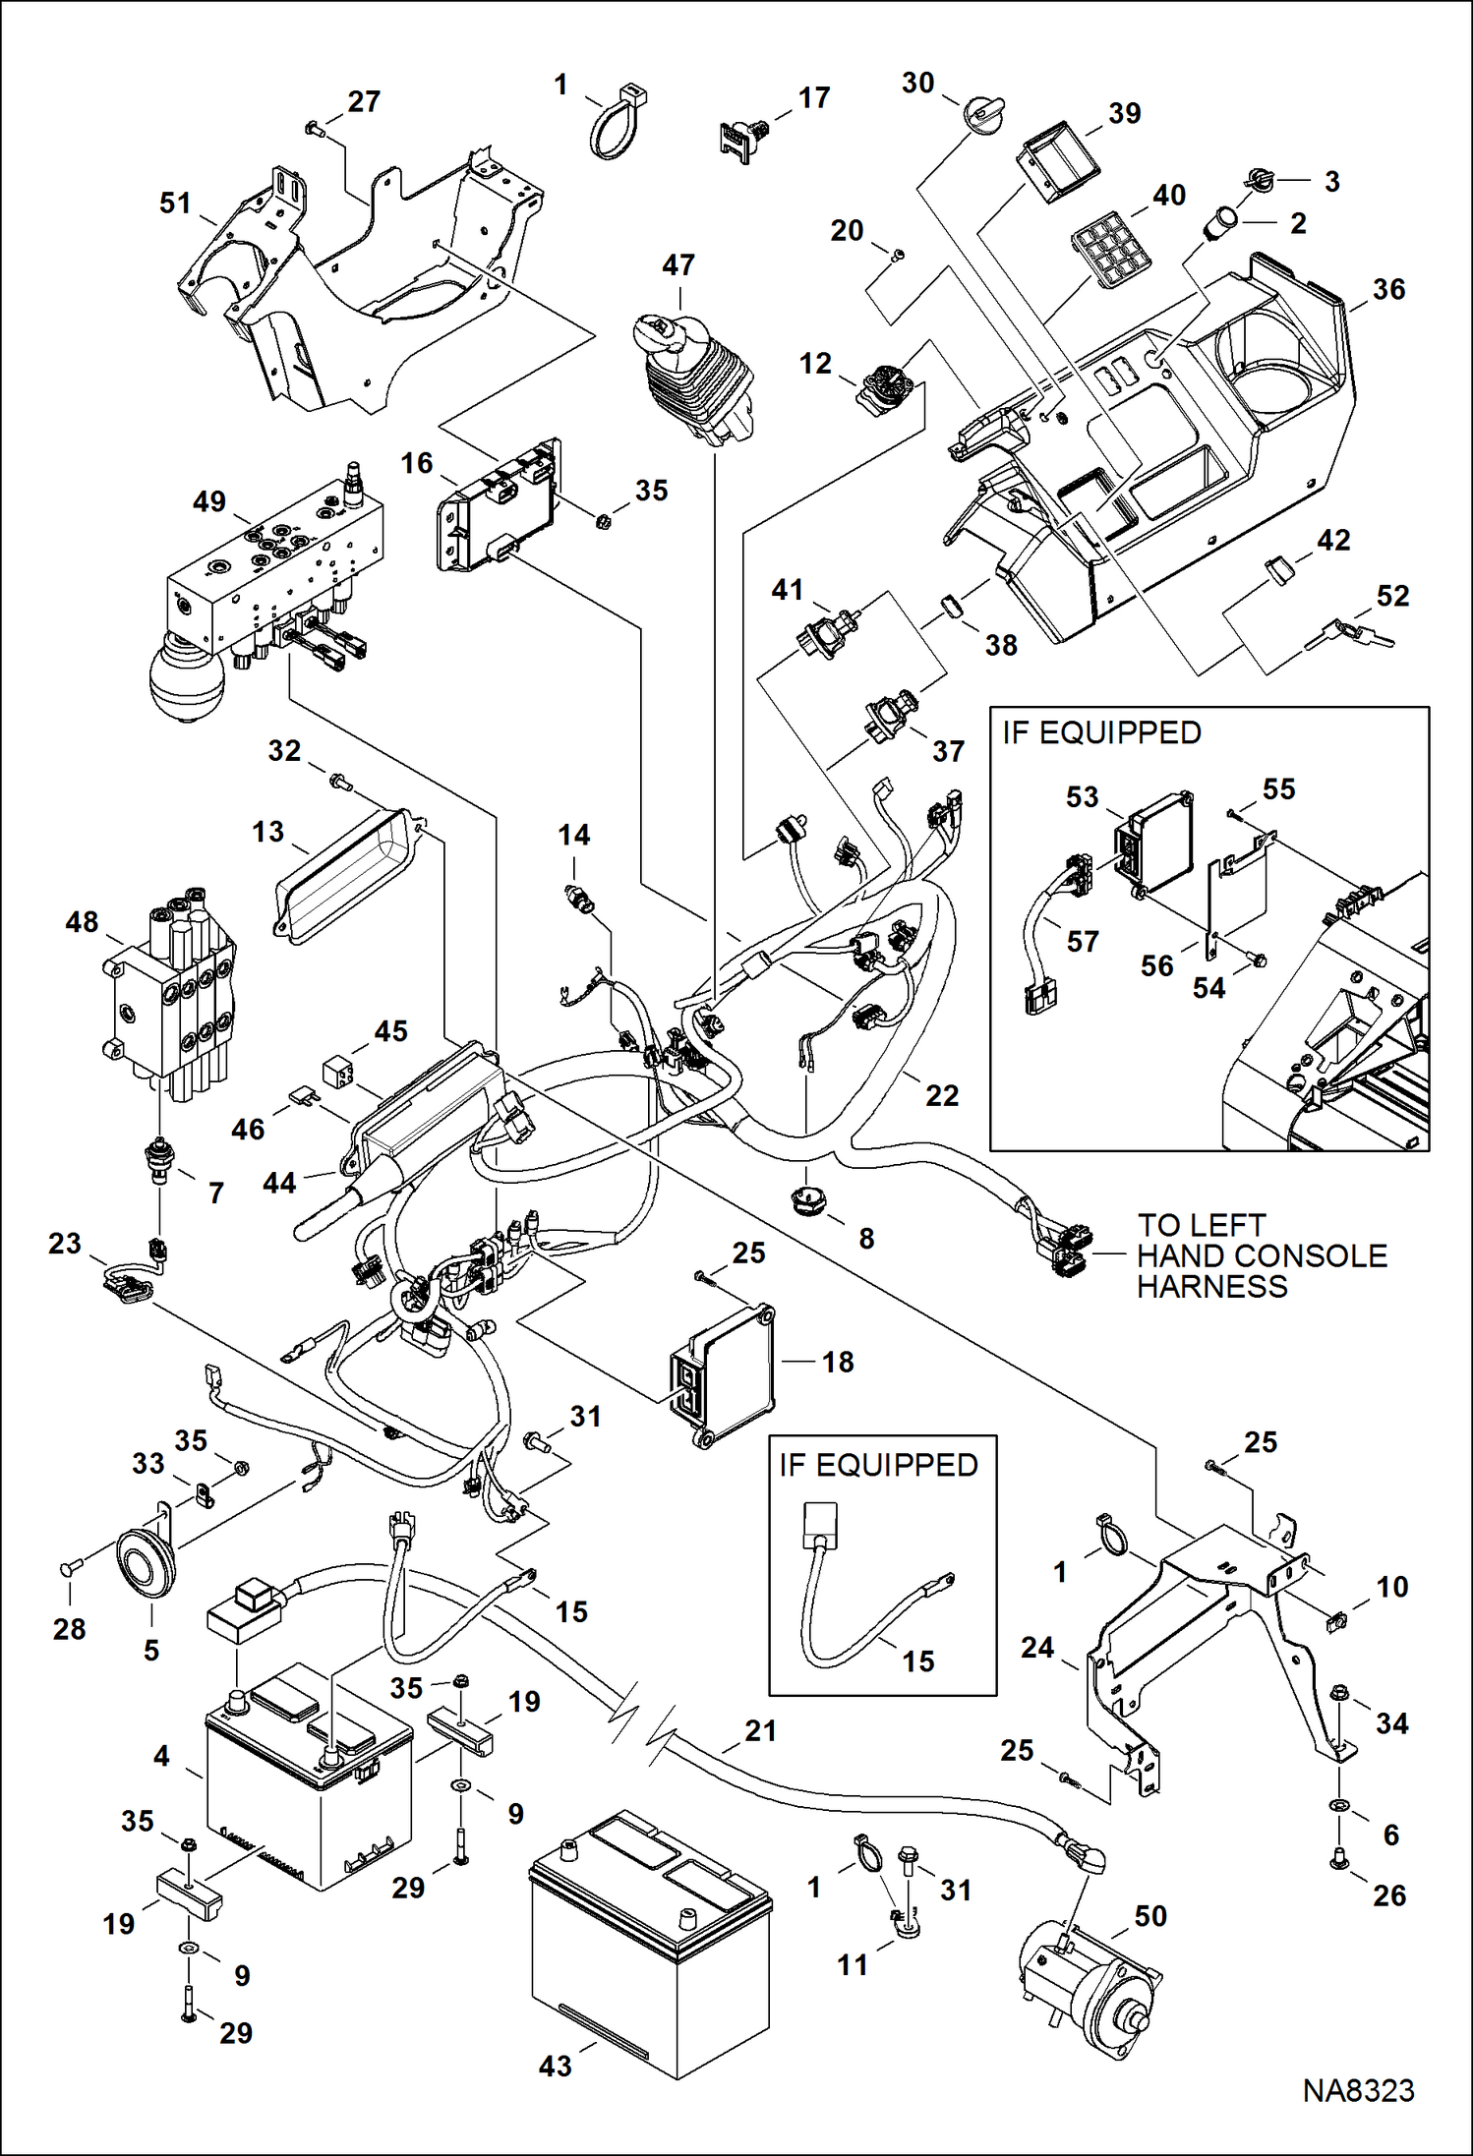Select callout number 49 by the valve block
tap(208, 501)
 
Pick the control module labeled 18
tap(723, 1374)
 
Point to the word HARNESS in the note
tap(1211, 1287)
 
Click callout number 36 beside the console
tap(1388, 289)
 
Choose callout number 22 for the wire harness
tap(941, 1095)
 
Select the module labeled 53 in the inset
tap(1155, 844)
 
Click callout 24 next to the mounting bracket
tap(1036, 1647)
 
